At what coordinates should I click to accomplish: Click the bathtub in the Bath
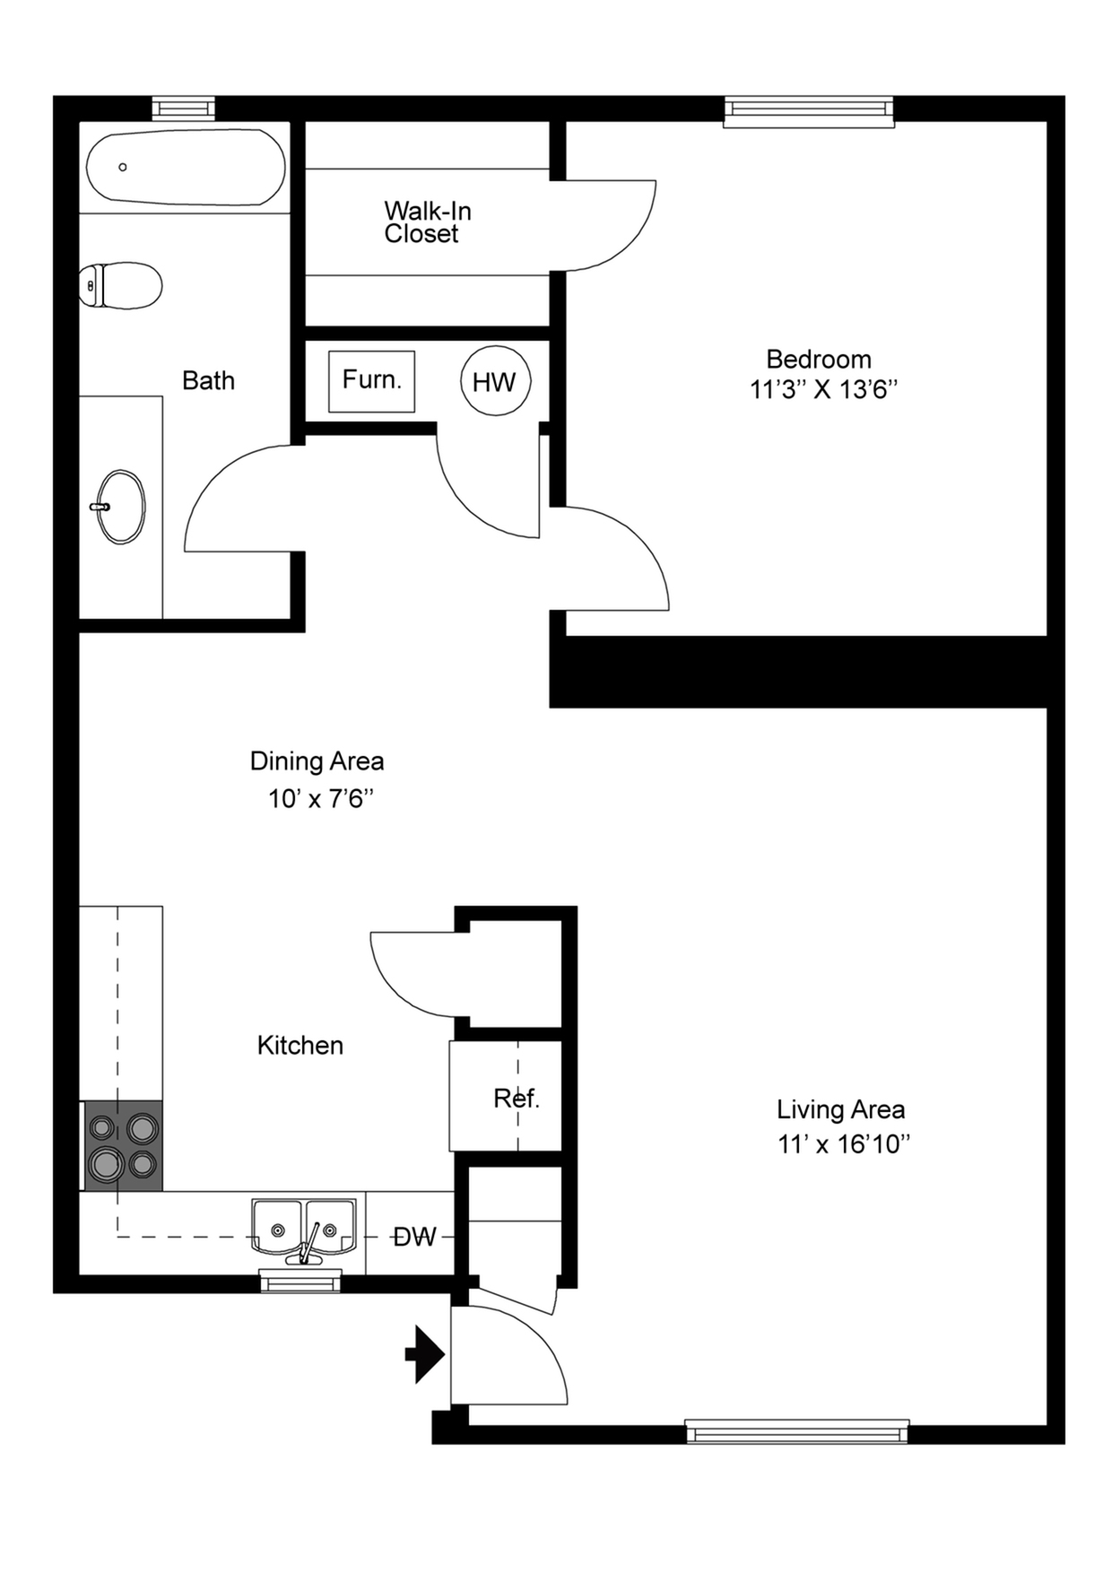186,168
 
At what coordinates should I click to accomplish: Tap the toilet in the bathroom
120,285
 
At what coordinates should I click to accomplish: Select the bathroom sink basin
120,507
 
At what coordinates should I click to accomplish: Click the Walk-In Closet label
428,222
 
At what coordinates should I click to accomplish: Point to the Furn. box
371,381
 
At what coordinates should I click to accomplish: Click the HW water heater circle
495,381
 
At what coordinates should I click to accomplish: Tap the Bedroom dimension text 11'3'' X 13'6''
823,390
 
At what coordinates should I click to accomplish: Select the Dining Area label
317,761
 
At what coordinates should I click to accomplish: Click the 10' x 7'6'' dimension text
320,798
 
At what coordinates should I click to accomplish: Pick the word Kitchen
300,1046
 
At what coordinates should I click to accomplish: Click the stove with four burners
123,1146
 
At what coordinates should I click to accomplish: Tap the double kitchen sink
304,1230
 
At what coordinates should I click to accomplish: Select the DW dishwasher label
414,1238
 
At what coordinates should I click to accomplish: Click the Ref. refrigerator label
517,1098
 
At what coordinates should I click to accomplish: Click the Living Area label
840,1110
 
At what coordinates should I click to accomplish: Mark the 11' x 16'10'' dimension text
844,1144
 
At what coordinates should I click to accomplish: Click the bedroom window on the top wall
810,111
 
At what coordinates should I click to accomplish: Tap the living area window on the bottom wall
797,1431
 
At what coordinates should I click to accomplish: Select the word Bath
208,381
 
